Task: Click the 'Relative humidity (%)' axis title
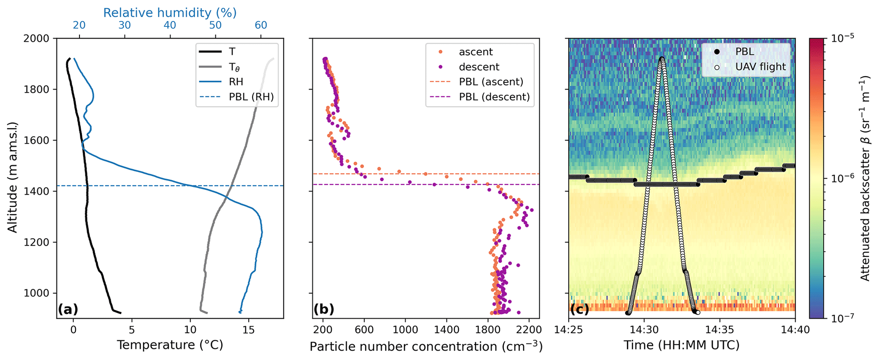point(170,13)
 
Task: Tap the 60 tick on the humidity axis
point(261,26)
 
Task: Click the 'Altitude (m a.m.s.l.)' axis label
point(13,177)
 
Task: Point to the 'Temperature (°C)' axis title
point(170,345)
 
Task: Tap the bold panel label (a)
point(68,309)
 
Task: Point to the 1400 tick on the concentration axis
point(447,329)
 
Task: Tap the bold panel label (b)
point(324,309)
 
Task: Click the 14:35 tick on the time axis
point(720,329)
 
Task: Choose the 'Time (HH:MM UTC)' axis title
point(682,345)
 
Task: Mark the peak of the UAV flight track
point(662,58)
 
